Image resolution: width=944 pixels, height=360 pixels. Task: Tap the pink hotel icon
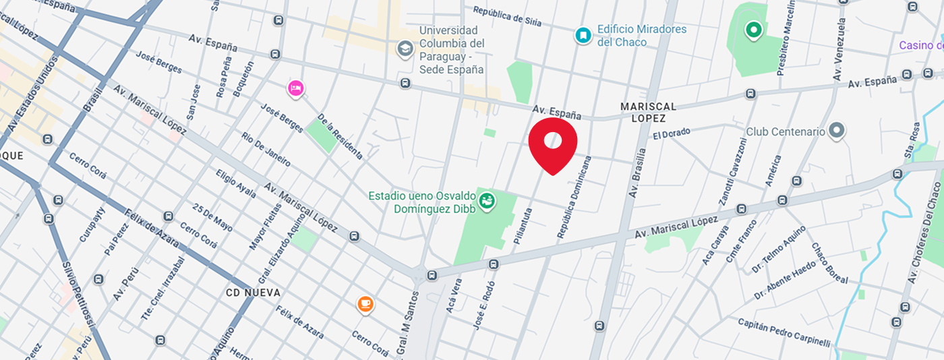tap(295, 88)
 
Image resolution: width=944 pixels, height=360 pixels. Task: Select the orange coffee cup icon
tap(365, 304)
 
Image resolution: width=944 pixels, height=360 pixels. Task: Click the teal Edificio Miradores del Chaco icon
tap(582, 36)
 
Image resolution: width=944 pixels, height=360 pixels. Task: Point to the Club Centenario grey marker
tap(837, 131)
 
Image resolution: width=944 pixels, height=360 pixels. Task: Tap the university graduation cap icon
tap(405, 49)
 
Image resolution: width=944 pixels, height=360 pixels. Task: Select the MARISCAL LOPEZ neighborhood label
tap(648, 113)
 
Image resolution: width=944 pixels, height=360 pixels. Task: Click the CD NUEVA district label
tap(253, 293)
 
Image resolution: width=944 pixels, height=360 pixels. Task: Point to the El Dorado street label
tap(672, 133)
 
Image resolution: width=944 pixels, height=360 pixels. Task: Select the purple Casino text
tap(920, 45)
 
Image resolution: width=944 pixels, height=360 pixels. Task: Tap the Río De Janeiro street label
tap(266, 149)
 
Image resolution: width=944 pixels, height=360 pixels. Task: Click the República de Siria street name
tap(507, 16)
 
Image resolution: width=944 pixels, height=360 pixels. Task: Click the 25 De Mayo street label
tap(212, 218)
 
